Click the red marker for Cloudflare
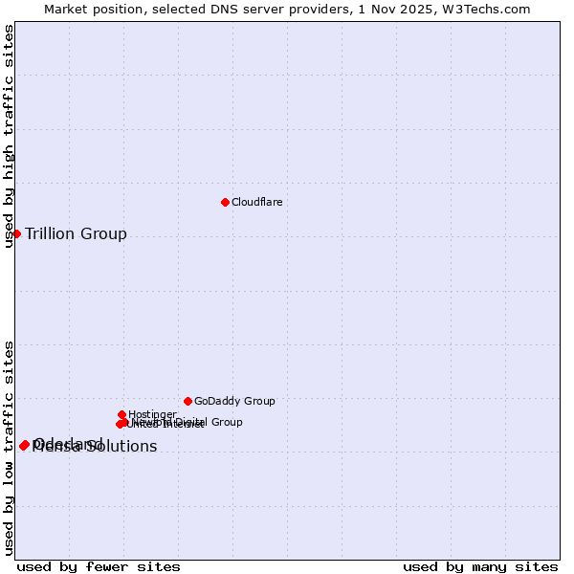(x=225, y=202)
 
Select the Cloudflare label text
(x=256, y=202)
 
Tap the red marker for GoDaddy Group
(x=188, y=401)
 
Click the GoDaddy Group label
(x=234, y=402)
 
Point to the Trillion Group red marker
(x=16, y=233)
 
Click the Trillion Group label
(x=76, y=234)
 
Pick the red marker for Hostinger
(x=121, y=414)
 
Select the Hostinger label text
(x=152, y=414)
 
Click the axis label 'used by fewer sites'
(x=99, y=566)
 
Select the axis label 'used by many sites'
(x=480, y=566)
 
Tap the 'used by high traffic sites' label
(x=9, y=136)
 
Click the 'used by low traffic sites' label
(x=9, y=448)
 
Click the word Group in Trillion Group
(x=105, y=234)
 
